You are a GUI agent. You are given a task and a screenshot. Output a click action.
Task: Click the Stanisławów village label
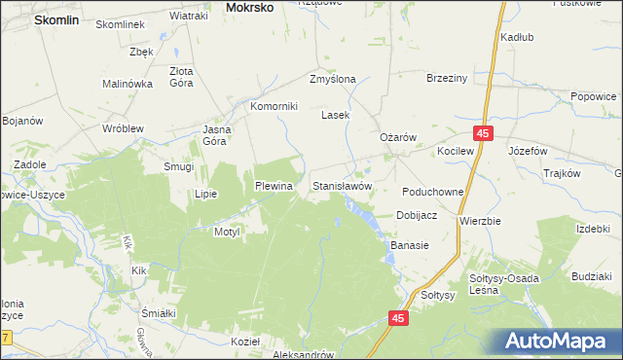pos(342,185)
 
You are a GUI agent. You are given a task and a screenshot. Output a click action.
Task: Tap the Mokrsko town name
pos(249,7)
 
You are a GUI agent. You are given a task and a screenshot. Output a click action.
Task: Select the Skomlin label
pos(56,18)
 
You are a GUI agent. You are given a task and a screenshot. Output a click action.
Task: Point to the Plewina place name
pos(274,185)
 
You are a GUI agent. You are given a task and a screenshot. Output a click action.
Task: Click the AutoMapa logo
pos(558,342)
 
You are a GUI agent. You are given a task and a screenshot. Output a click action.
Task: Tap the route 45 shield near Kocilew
pos(484,132)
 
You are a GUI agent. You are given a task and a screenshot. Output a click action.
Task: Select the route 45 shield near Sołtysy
pos(397,318)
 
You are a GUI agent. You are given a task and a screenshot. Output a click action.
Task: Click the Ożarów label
pos(397,138)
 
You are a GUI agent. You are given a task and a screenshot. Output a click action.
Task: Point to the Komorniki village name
pos(274,106)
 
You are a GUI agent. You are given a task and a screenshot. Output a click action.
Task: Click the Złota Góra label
pos(182,77)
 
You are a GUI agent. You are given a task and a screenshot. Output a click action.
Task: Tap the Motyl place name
pos(226,232)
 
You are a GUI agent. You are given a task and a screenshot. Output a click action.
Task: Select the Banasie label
pos(410,245)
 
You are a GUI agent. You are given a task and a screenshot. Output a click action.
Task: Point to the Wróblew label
pos(124,127)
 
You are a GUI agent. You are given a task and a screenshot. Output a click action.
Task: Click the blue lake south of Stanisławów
pos(371,221)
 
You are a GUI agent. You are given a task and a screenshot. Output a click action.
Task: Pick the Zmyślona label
pos(332,79)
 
